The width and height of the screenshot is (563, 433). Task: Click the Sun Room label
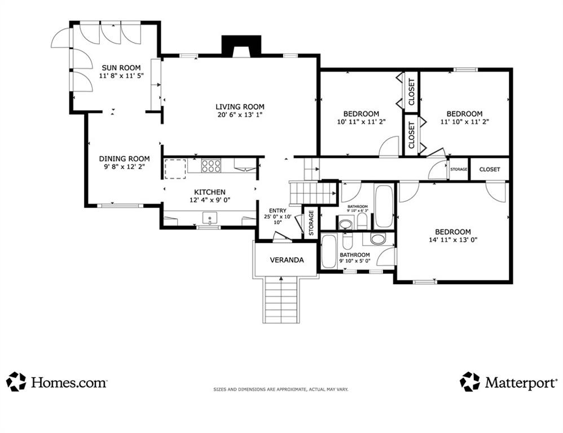121,68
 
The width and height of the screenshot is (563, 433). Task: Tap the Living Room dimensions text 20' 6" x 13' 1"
240,115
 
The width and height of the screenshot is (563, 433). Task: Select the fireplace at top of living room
241,46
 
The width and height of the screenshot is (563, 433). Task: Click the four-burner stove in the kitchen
211,166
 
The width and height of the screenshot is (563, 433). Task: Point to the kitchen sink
210,218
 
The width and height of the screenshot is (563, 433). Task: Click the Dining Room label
124,158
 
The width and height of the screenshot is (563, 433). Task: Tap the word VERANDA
287,260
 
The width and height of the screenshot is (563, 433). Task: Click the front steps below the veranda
281,300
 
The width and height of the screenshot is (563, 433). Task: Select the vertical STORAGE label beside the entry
311,222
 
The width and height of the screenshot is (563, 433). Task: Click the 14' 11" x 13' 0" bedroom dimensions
453,240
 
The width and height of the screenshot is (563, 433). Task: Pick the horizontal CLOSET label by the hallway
490,169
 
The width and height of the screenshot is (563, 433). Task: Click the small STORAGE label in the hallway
459,169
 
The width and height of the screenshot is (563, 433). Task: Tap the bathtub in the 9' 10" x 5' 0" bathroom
328,251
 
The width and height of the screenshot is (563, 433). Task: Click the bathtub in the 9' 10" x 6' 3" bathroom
384,206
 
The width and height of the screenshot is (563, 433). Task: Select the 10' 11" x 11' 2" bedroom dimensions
361,122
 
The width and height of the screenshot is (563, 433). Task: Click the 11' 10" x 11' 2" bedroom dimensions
465,122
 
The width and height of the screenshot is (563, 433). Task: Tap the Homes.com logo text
69,382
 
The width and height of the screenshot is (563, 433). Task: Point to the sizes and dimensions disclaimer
281,389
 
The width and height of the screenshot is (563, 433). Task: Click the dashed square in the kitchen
175,169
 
